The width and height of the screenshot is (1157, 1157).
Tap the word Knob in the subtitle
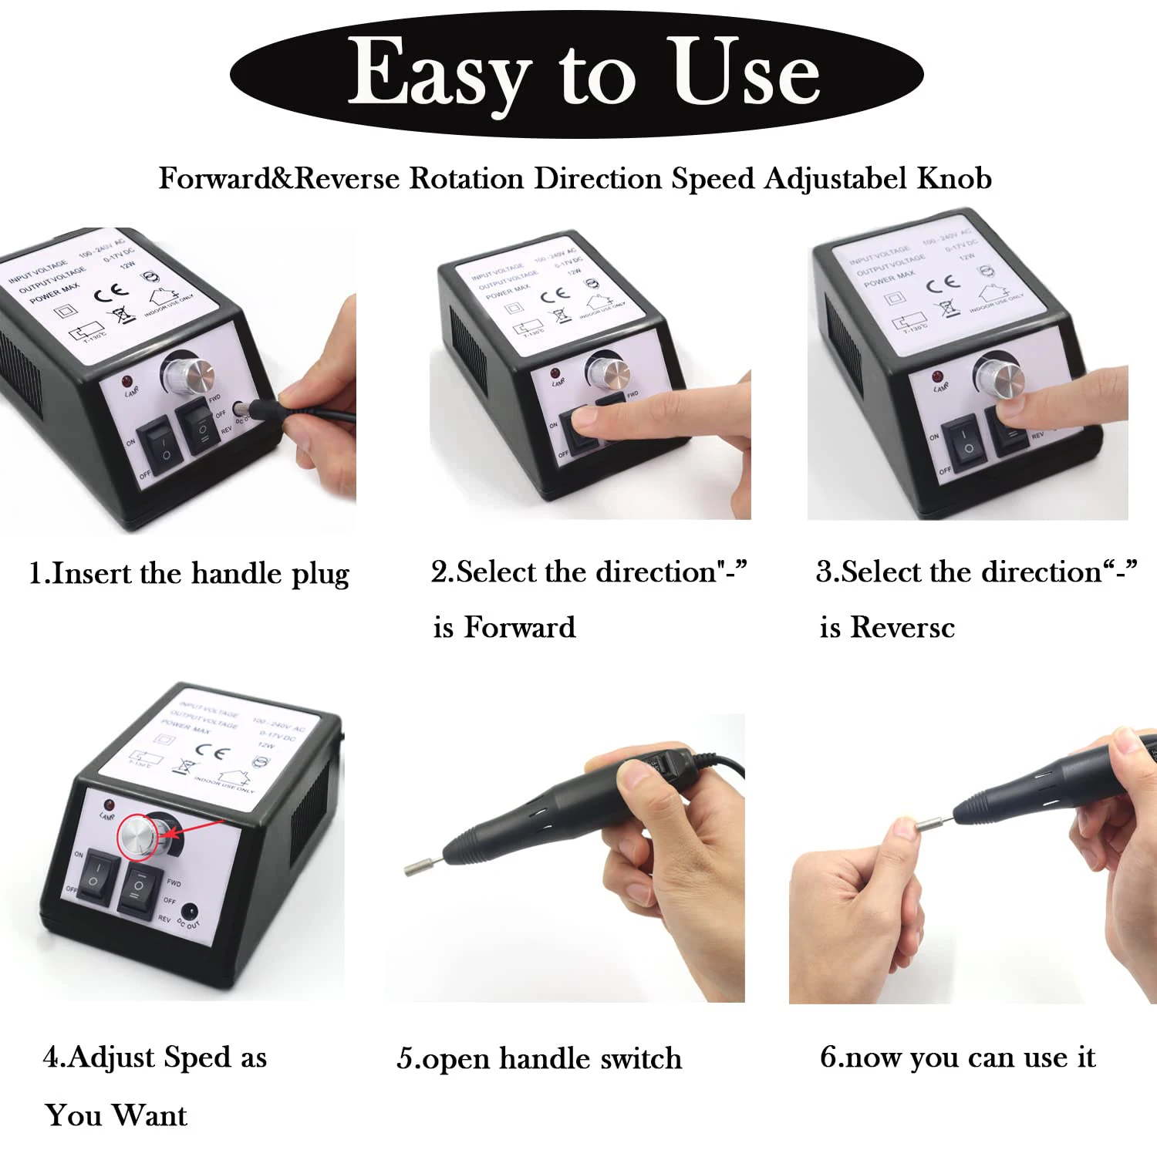pyautogui.click(x=953, y=178)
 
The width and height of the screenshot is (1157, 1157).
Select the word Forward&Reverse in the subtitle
pyautogui.click(x=279, y=178)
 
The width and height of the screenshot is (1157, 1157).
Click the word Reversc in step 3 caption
pyautogui.click(x=902, y=627)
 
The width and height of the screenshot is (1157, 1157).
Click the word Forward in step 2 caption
pyautogui.click(x=520, y=627)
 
